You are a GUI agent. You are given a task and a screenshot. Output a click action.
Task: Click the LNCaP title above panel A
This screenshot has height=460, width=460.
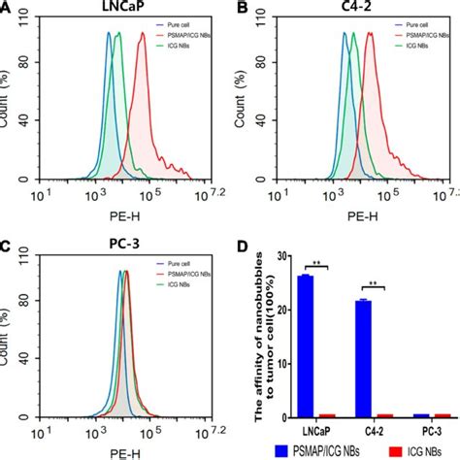click(x=114, y=9)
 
